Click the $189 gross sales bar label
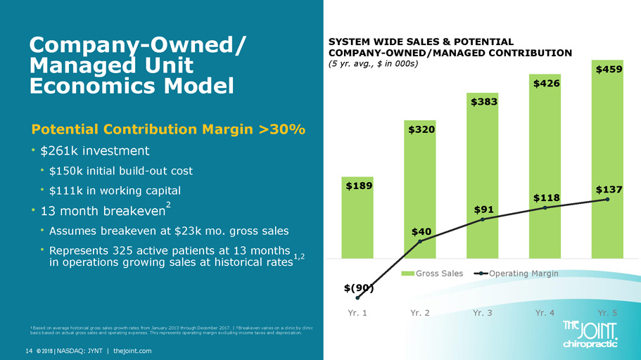click(x=358, y=186)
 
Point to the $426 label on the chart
click(x=545, y=84)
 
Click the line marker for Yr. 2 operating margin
click(x=420, y=243)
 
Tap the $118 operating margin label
click(x=545, y=198)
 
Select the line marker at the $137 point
click(x=607, y=199)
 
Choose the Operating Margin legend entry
click(x=516, y=273)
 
